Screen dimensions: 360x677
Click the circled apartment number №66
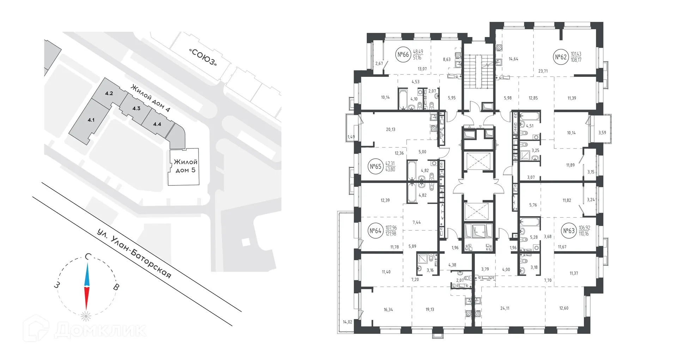[403, 55]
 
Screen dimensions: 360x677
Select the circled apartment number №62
[561, 57]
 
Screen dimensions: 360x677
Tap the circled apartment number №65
[376, 166]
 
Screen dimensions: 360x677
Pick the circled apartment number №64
[376, 231]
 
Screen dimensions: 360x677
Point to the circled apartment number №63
[569, 231]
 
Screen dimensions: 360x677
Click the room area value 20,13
[390, 129]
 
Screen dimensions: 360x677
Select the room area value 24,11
[505, 308]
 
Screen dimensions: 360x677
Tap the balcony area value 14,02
[347, 322]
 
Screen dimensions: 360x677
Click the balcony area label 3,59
[602, 133]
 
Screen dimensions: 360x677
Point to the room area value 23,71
[543, 71]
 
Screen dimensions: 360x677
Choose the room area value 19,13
[429, 310]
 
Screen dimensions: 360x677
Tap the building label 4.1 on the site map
[91, 120]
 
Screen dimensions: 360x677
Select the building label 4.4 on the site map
[157, 124]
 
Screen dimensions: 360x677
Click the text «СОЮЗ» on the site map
[203, 57]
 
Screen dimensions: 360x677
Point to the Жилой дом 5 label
[185, 166]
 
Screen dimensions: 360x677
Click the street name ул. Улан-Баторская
[134, 254]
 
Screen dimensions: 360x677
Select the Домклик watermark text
[100, 330]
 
